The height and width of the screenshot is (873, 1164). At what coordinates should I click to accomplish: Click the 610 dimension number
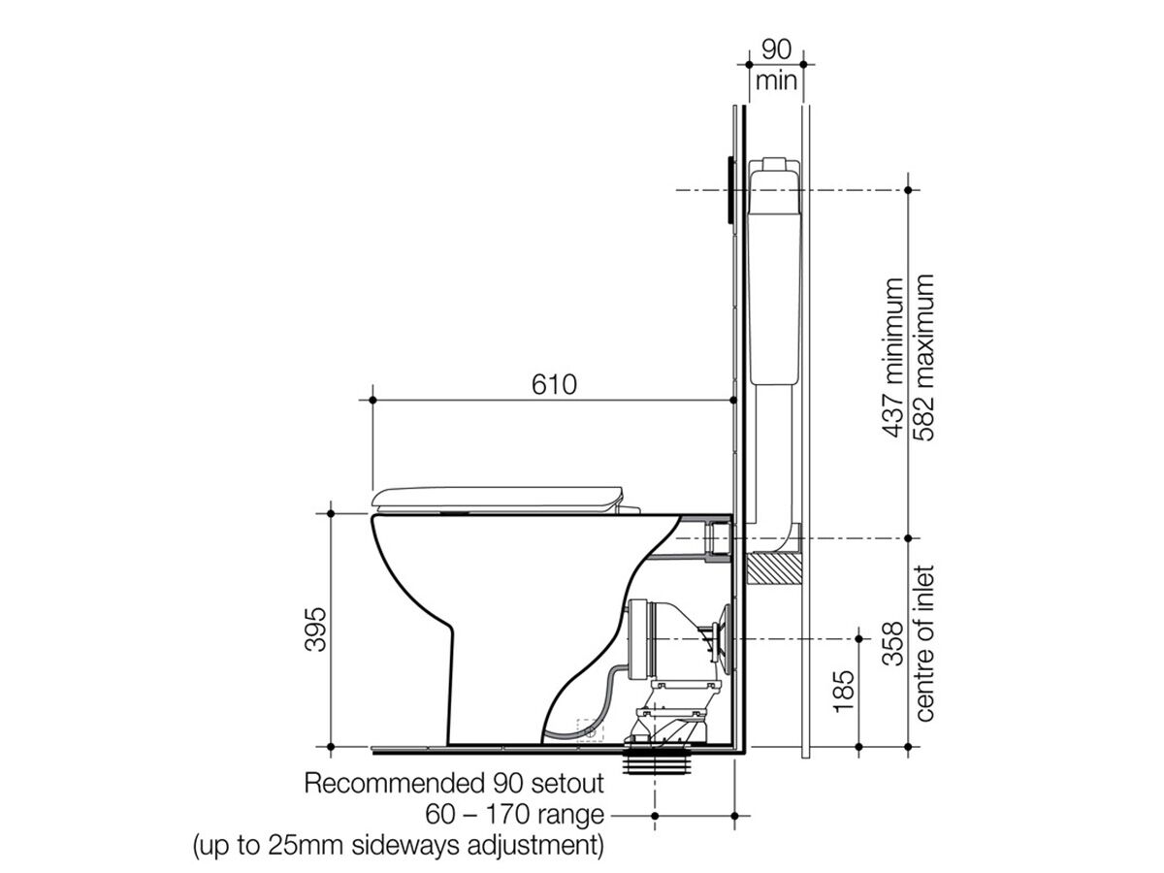554,385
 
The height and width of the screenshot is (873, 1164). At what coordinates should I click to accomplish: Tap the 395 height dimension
315,630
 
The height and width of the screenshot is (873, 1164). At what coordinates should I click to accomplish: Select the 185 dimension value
844,692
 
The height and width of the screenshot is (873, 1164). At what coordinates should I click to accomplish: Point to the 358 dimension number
892,643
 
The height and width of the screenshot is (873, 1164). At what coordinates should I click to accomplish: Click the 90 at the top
776,49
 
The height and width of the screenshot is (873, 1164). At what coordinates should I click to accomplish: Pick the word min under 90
776,81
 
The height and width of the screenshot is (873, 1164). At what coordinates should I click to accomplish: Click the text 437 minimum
892,357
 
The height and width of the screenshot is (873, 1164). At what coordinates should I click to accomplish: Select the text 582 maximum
922,357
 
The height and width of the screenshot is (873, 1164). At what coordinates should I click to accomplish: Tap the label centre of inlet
923,643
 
